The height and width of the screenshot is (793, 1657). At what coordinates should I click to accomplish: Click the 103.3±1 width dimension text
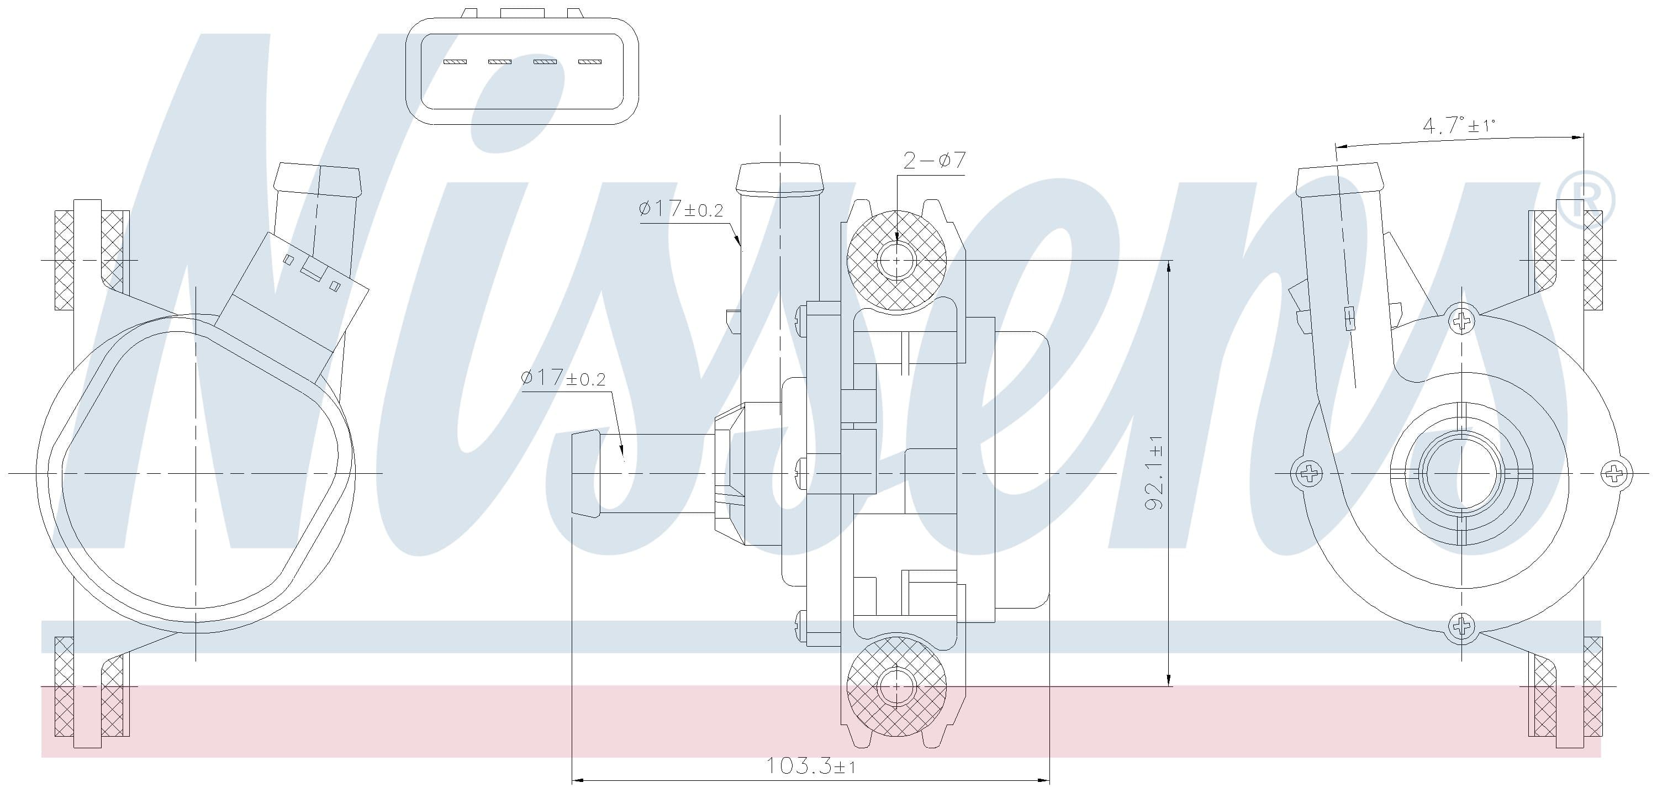pos(810,765)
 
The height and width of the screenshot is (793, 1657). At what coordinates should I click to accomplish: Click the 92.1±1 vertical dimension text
pos(1154,473)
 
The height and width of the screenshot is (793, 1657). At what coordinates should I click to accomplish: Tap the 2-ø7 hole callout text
pos(934,160)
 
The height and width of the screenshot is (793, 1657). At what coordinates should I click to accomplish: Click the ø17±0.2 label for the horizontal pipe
pos(563,378)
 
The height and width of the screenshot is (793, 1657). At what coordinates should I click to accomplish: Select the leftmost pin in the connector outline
pos(455,62)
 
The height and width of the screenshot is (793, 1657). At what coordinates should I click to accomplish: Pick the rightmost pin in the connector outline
pos(589,62)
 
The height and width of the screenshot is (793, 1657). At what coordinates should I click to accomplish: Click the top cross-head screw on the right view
pos(1462,320)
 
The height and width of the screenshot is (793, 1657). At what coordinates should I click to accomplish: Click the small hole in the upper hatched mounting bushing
pos(896,261)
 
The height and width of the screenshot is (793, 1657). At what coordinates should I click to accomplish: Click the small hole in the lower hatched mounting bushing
pos(896,686)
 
